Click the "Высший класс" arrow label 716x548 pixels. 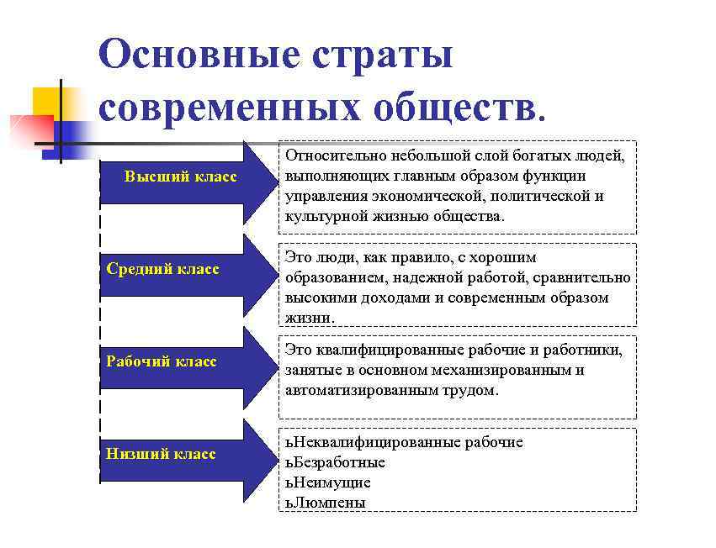coord(180,177)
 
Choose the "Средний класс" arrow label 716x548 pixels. coord(163,269)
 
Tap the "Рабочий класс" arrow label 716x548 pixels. coord(162,361)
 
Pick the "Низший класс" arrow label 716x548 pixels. coord(162,454)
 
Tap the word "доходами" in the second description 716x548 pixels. coord(387,298)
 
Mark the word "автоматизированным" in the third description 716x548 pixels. coord(353,390)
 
